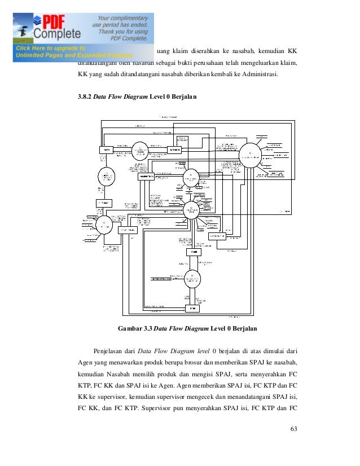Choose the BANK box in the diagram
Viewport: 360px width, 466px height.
[x=194, y=309]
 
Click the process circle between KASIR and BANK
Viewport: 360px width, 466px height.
[x=192, y=280]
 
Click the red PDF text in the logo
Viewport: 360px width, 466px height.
[x=52, y=21]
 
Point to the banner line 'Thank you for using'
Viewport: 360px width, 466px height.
[x=123, y=32]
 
